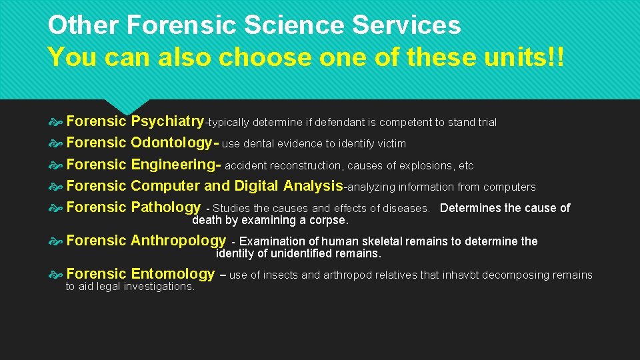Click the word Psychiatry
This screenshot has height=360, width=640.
tap(167, 121)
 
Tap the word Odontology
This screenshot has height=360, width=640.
tap(171, 143)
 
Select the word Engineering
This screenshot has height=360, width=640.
tap(173, 165)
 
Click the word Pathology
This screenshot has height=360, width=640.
tap(165, 207)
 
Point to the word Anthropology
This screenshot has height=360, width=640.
tap(179, 241)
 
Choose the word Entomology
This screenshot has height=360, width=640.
tap(173, 274)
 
